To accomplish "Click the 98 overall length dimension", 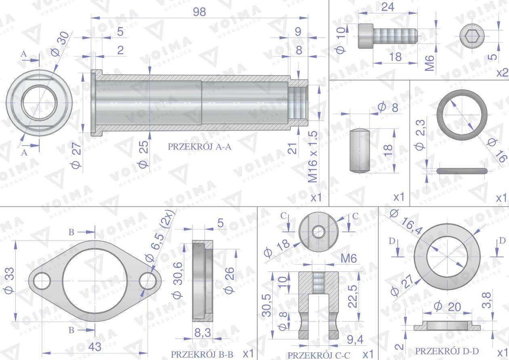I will [x=199, y=12].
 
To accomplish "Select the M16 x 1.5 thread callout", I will [x=313, y=156].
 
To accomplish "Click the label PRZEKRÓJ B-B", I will [x=202, y=354].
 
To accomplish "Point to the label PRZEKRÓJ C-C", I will [x=319, y=355].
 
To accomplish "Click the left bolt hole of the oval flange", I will [x=42, y=281].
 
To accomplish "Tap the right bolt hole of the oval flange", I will [x=148, y=281].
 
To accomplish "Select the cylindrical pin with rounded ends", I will [x=359, y=151].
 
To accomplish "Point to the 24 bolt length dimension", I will [x=387, y=7].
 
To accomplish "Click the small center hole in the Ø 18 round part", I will [x=318, y=232].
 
